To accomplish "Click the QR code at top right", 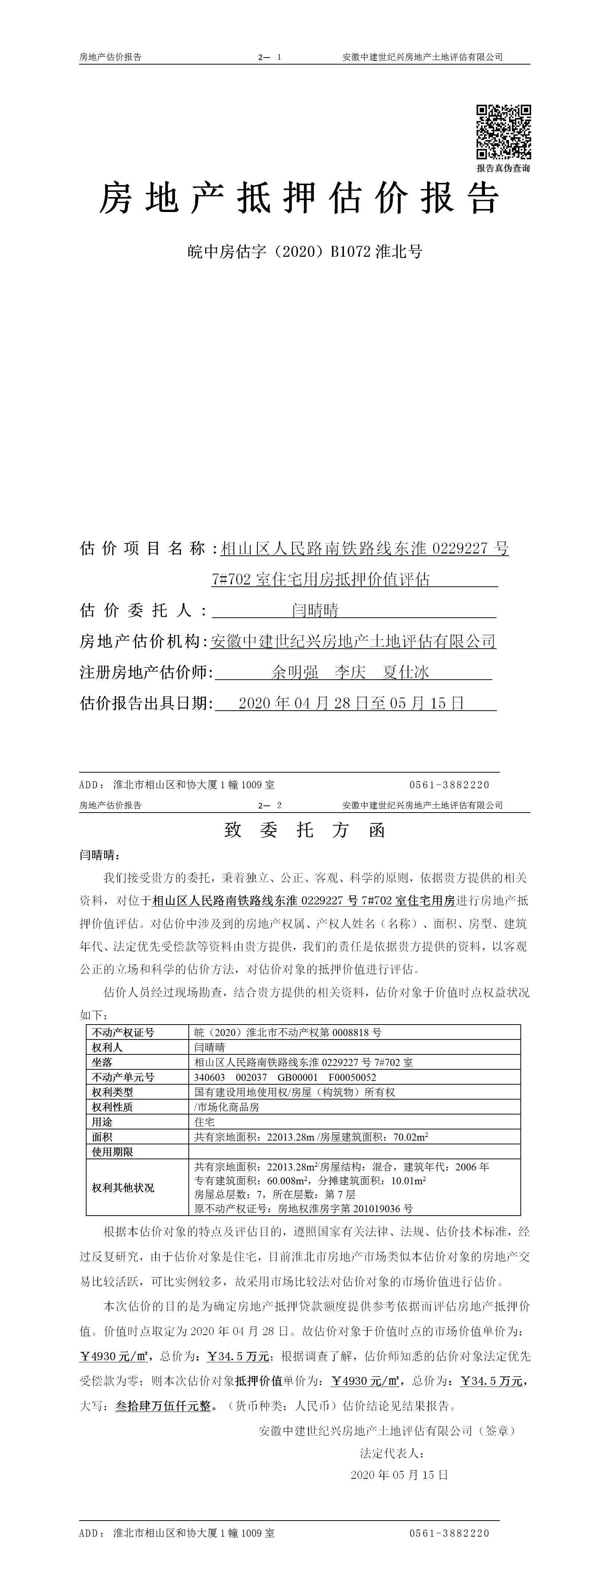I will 503,132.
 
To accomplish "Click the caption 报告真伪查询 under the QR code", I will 503,168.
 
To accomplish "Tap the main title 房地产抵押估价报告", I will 299,199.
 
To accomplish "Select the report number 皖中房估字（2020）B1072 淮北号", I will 305,252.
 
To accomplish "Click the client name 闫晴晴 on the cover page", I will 315,611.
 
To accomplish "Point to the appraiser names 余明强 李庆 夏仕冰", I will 350,672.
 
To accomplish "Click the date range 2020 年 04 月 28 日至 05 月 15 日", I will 351,703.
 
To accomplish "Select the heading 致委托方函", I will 305,830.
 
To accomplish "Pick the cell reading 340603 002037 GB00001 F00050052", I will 285,1077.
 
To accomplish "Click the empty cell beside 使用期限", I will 354,1152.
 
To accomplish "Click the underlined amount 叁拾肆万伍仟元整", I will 163,1406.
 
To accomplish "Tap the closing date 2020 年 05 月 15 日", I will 399,1475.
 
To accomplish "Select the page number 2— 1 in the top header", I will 269,57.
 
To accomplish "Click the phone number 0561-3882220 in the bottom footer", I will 449,1533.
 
